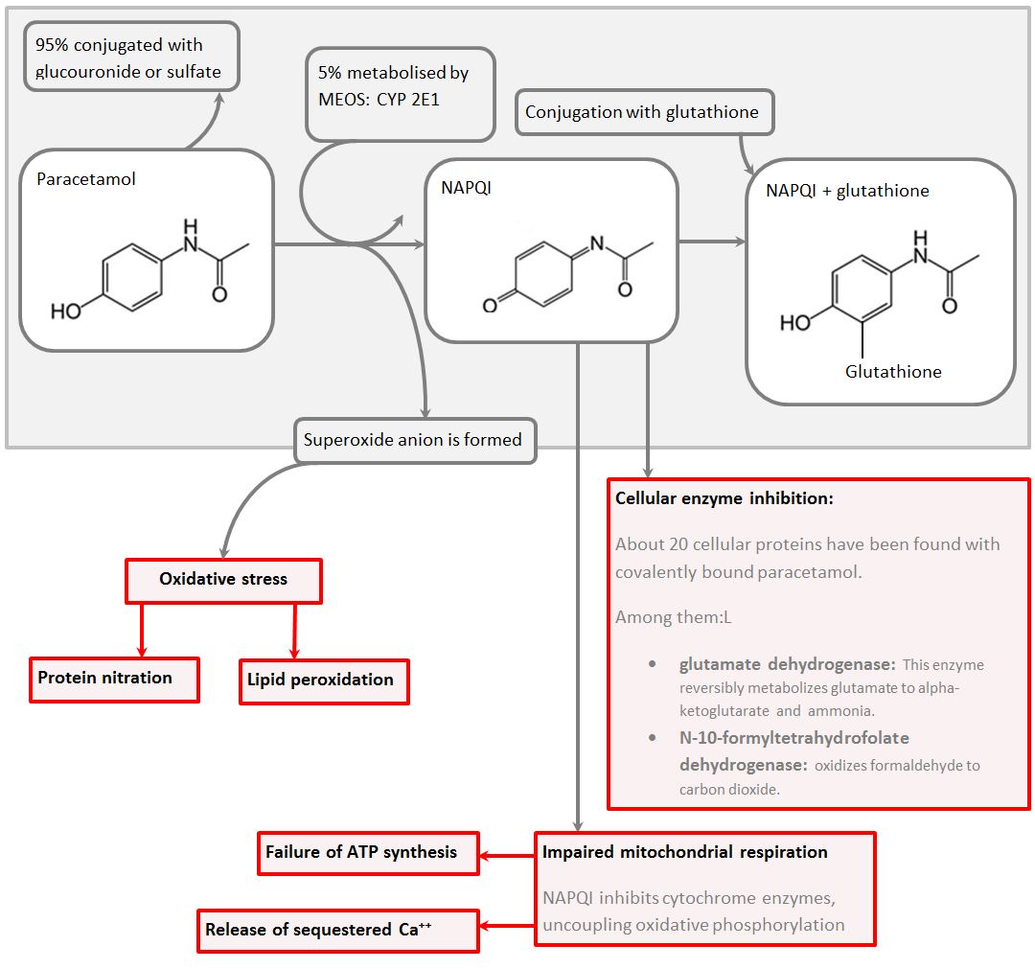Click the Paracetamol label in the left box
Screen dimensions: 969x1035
tap(86, 179)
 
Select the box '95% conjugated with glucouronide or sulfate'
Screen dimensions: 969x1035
tap(130, 58)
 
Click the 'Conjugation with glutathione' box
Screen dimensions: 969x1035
tap(644, 112)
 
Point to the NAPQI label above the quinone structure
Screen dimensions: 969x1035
tap(466, 188)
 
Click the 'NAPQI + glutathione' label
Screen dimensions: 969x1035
tap(847, 191)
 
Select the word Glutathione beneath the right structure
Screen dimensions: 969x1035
tap(893, 372)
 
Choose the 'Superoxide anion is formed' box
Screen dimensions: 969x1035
tap(413, 441)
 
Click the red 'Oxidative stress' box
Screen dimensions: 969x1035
tap(223, 580)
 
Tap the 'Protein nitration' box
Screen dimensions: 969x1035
tap(114, 679)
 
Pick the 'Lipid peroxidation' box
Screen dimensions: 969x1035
tap(323, 681)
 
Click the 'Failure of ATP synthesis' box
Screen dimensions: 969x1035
tap(368, 852)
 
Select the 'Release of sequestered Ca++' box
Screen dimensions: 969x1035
tap(337, 930)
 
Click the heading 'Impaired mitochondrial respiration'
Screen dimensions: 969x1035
tap(685, 852)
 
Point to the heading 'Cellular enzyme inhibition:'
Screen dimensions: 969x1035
tap(724, 499)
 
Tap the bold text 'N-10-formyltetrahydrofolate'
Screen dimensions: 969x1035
tap(794, 738)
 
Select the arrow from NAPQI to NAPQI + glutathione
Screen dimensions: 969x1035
tap(711, 242)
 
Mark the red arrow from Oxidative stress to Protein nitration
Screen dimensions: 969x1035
tap(142, 631)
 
